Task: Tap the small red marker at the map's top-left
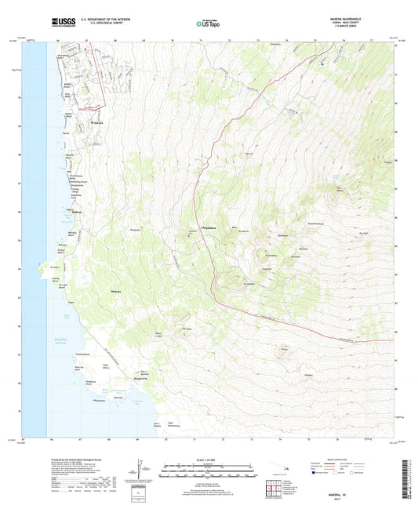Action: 84,49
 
